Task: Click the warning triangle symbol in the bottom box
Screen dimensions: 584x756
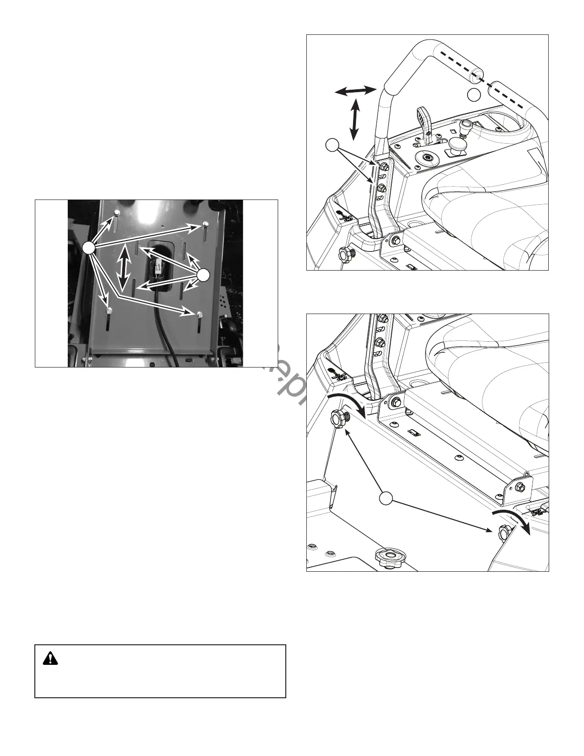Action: point(50,659)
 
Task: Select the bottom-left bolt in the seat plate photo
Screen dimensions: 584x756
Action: point(109,311)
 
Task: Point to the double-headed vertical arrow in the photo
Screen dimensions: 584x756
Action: point(125,268)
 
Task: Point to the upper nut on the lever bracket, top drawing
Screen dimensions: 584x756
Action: point(382,167)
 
